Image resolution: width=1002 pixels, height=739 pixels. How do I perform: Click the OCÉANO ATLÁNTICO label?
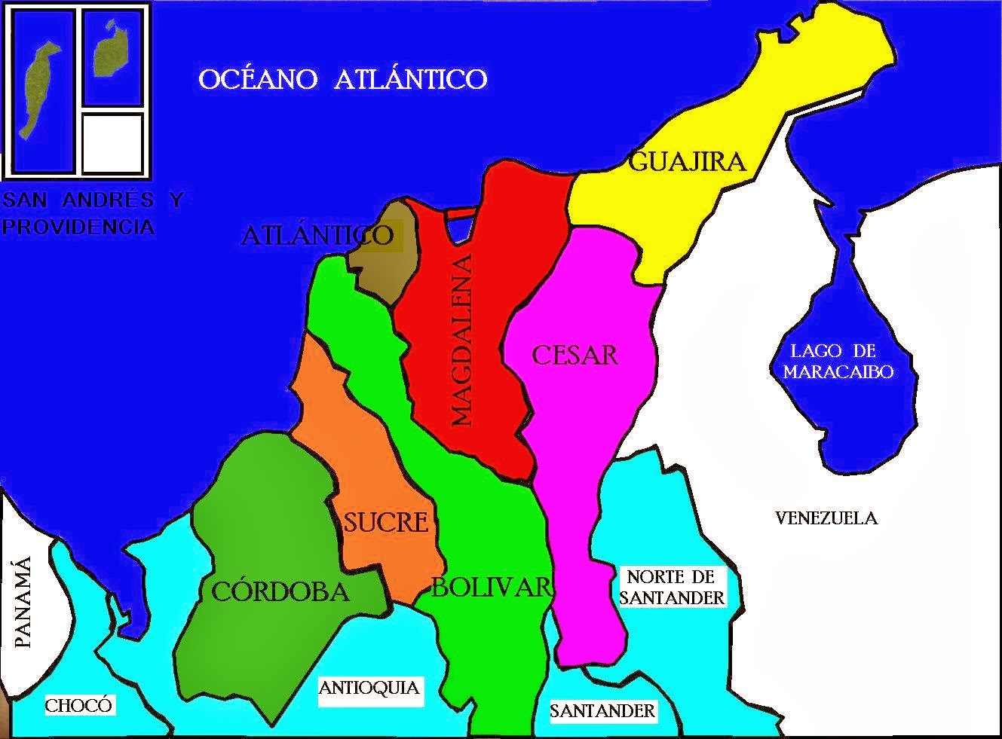point(343,78)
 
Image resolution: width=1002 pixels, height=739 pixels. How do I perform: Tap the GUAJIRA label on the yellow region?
point(686,161)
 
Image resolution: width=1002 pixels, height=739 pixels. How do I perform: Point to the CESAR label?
point(575,355)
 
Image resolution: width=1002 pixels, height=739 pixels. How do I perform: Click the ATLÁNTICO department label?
point(317,236)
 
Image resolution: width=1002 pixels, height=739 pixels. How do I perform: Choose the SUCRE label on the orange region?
point(386,521)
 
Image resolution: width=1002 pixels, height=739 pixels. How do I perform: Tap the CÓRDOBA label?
point(280,592)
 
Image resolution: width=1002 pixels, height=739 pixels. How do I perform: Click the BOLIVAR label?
point(492,588)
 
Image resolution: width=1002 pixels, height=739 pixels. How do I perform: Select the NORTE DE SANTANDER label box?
point(671,588)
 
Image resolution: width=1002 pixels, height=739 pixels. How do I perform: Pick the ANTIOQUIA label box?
point(369,688)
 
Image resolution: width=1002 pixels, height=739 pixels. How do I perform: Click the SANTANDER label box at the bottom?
point(602,710)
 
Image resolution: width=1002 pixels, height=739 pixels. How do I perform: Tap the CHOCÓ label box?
point(78,706)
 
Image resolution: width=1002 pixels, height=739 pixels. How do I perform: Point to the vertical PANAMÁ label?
point(24,603)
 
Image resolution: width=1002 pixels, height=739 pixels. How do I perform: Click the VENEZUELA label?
point(826,518)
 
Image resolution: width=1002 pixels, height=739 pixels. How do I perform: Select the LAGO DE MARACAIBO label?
point(838,361)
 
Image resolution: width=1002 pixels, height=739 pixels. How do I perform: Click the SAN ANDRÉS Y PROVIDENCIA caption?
point(90,213)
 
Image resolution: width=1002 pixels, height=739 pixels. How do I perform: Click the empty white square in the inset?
point(112,142)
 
